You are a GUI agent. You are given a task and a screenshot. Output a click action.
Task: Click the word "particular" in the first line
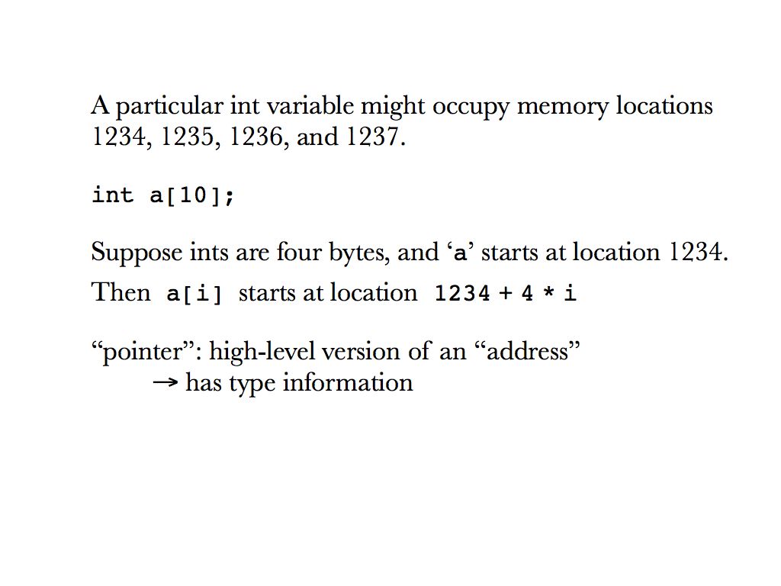coord(169,107)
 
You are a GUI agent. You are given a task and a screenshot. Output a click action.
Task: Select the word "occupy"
coord(471,108)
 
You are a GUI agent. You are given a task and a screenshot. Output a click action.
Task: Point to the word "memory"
coord(563,108)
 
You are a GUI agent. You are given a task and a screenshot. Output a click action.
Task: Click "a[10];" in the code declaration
coord(191,195)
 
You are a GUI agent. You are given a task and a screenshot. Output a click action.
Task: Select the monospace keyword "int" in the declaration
coord(113,195)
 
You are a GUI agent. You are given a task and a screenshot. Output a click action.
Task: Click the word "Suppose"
coord(137,253)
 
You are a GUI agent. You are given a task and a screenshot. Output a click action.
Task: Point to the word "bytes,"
coord(358,253)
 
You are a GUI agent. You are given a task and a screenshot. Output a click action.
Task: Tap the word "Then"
coord(121,292)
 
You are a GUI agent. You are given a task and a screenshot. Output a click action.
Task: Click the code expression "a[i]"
coord(194,294)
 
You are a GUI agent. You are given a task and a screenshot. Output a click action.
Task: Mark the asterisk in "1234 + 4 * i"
coord(548,292)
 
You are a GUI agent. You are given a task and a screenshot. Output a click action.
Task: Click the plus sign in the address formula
coord(506,293)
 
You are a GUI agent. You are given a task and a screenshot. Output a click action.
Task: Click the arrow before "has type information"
coord(166,383)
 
